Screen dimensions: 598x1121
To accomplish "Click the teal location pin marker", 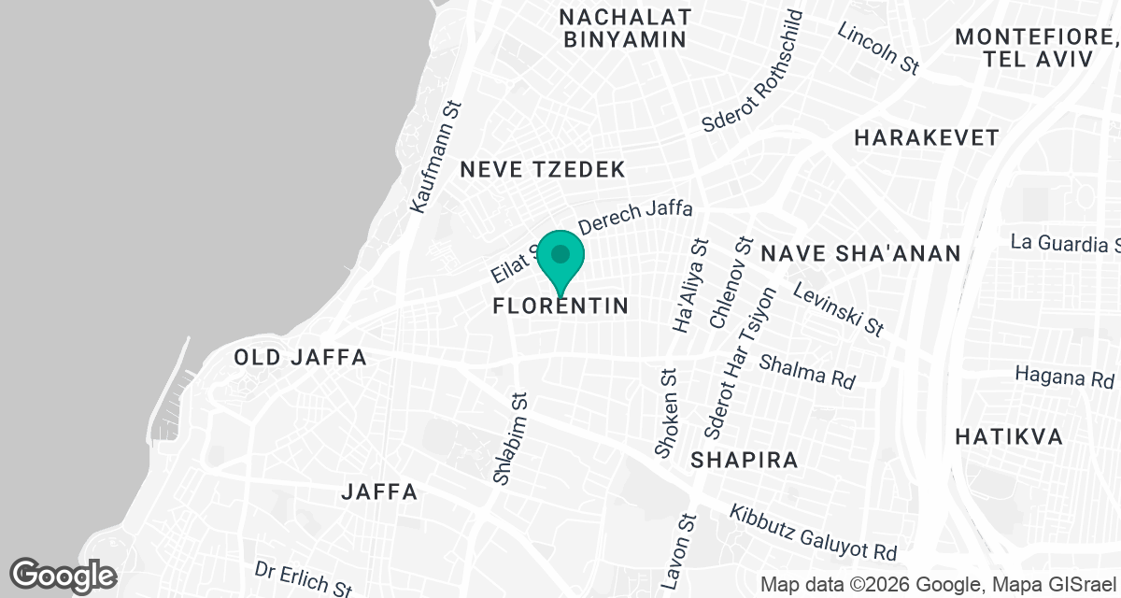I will tap(560, 258).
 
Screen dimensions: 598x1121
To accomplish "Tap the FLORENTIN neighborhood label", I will tap(560, 306).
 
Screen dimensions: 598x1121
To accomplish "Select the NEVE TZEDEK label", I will tap(543, 169).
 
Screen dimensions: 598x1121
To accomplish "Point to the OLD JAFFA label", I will tap(301, 358).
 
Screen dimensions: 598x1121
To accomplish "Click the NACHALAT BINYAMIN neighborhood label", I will tap(626, 28).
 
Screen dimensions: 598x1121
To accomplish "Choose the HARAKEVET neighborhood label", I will tap(927, 138).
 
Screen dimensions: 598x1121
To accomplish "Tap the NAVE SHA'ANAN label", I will tap(860, 253).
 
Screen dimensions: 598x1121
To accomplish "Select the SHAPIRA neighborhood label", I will tap(745, 460).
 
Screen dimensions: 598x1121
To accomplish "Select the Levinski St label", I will tap(837, 310).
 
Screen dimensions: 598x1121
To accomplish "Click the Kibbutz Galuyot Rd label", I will tap(813, 534).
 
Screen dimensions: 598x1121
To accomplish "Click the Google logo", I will tap(64, 575).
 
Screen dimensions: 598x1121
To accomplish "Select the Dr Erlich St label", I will tap(303, 578).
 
